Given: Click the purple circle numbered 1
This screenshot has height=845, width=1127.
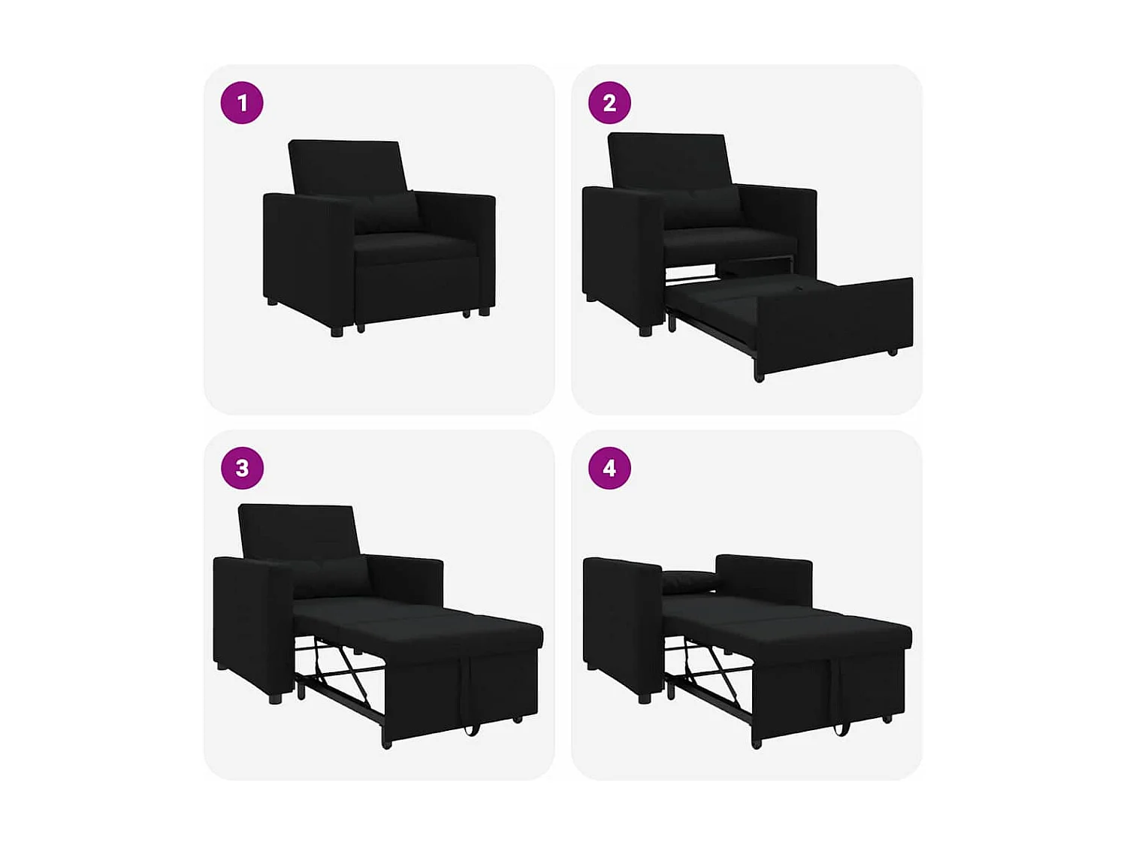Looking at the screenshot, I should [x=242, y=103].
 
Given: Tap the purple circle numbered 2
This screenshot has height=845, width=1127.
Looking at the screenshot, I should [x=609, y=103].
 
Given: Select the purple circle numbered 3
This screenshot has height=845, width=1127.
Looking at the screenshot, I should [x=242, y=468].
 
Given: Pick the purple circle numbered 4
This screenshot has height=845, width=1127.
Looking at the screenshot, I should [x=609, y=468].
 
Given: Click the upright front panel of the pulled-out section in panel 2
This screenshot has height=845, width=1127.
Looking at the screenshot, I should [x=834, y=323].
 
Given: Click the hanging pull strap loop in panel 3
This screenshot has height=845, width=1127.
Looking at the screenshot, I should [x=471, y=725].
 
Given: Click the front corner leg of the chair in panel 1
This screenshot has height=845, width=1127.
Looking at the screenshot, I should [x=337, y=329].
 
